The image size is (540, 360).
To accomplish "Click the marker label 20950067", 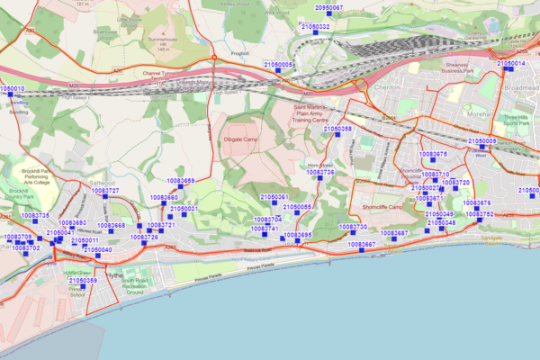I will [x=328, y=7].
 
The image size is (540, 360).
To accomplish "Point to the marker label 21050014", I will [x=510, y=64].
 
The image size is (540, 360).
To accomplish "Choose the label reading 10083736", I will [x=319, y=172].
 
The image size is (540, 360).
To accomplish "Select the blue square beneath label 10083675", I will [x=433, y=163].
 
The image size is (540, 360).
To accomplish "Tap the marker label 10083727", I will [x=105, y=191].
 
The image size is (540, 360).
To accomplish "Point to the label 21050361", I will [x=273, y=197].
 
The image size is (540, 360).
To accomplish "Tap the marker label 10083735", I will [x=35, y=216].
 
